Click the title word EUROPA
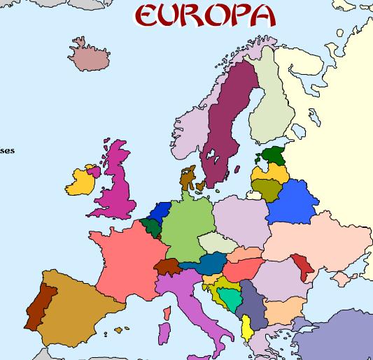click(203, 15)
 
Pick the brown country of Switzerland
click(167, 266)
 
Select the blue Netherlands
click(162, 210)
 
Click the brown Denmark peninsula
click(187, 178)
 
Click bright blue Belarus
click(290, 201)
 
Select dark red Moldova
click(304, 265)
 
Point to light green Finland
click(272, 98)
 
